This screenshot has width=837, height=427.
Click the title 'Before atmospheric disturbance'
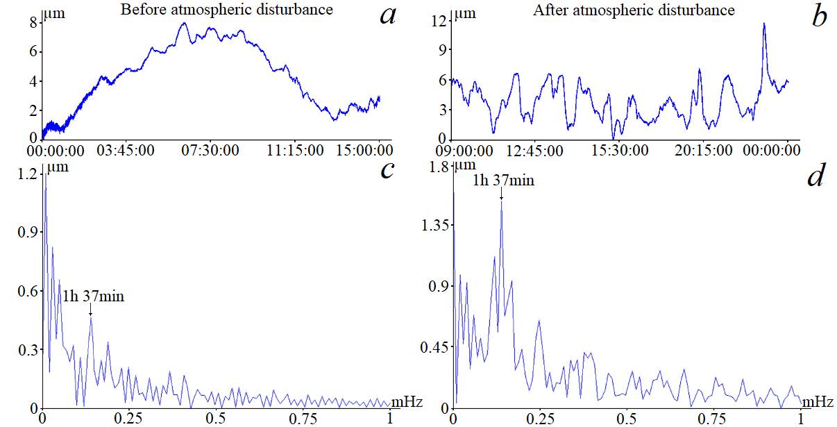click(226, 10)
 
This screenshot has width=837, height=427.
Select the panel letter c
click(387, 169)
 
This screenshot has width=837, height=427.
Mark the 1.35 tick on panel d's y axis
click(433, 225)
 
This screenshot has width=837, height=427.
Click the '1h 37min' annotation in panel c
click(93, 296)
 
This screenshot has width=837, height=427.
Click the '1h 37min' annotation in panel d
click(503, 181)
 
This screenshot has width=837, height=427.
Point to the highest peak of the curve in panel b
click(764, 24)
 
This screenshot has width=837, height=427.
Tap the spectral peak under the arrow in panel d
click(501, 202)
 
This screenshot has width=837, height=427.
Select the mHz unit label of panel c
click(405, 401)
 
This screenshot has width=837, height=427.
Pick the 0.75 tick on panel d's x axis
click(715, 419)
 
